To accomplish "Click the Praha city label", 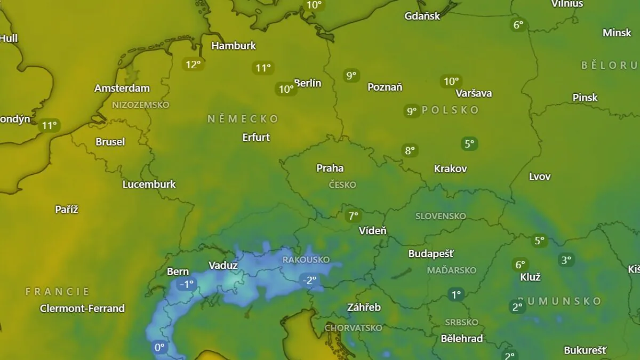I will coord(330,168).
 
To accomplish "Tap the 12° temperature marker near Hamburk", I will coord(193,65).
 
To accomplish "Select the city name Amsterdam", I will coord(122,88).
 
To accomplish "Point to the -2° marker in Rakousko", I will coord(309,280).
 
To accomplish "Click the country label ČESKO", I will coord(342,185).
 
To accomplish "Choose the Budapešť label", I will coord(431,253).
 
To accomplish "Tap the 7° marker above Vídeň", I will coord(353,216).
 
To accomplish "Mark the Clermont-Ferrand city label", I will coord(82,308).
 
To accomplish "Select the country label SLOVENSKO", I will coord(441,216).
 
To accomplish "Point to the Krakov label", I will coord(451,169).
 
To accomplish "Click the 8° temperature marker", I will coord(410,150).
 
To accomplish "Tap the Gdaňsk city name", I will coord(422,15).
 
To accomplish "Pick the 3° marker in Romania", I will coord(566,260).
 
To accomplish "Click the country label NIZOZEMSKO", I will coord(140,105).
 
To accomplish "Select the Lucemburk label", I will coord(149,184).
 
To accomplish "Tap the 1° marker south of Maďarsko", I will coord(456,294).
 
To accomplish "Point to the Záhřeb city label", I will coord(364,307).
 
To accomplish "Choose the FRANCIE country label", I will coord(58,292).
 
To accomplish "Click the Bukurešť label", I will coord(585,350).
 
